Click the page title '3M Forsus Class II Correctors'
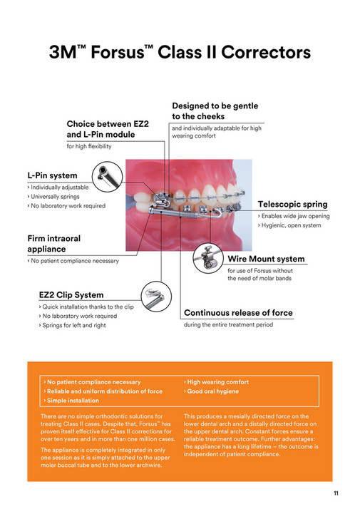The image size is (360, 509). coord(180,53)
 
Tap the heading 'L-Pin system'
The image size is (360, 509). coord(52,175)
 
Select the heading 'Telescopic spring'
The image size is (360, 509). coord(294,203)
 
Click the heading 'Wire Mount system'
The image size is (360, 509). coord(266,259)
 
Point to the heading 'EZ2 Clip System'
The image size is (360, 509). coord(71,294)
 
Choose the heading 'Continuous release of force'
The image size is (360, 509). coord(237,312)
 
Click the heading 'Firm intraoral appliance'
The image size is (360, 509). coord(54,245)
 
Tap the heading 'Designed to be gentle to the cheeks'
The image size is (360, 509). coord(215,110)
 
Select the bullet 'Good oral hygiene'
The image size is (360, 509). coord(212,391)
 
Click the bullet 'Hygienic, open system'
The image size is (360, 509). coord(291,225)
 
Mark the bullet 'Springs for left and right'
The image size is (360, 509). coord(75,325)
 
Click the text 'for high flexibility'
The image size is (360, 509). coord(89,146)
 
